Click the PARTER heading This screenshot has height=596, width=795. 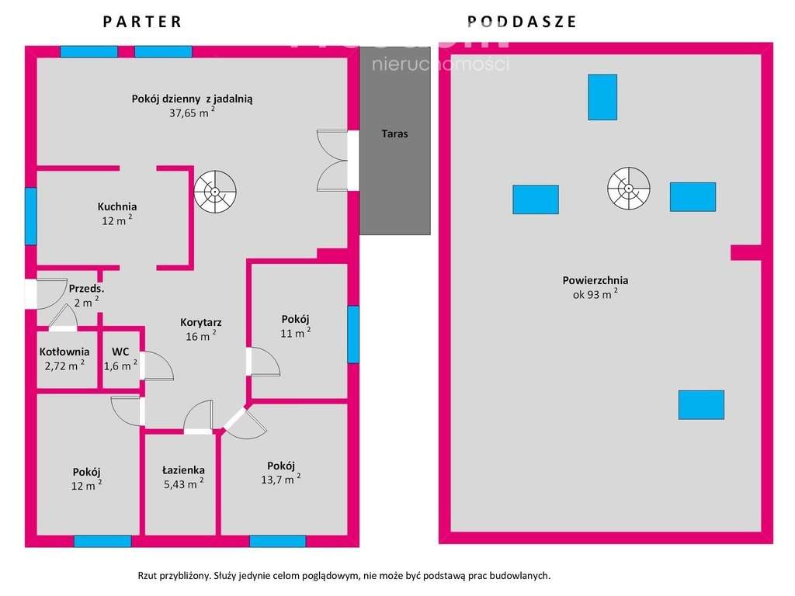tap(143, 22)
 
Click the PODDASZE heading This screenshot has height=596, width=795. tap(522, 22)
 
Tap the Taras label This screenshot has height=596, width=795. tap(394, 133)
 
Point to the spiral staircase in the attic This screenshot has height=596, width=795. tap(628, 188)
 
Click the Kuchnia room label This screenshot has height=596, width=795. tap(117, 206)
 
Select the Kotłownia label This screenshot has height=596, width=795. tap(64, 352)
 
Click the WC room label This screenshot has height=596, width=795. tap(120, 352)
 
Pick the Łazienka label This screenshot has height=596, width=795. tap(183, 470)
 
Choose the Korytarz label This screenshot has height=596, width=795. tap(201, 322)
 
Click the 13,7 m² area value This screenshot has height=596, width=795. tap(280, 480)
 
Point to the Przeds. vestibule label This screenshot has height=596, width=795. tap(86, 288)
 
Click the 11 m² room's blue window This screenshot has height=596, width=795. tap(353, 334)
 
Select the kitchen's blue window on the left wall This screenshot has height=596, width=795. tap(31, 216)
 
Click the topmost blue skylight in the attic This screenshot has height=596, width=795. tap(602, 97)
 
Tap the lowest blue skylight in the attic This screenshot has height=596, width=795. tap(701, 404)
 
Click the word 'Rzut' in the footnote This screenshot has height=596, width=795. tap(148, 576)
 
